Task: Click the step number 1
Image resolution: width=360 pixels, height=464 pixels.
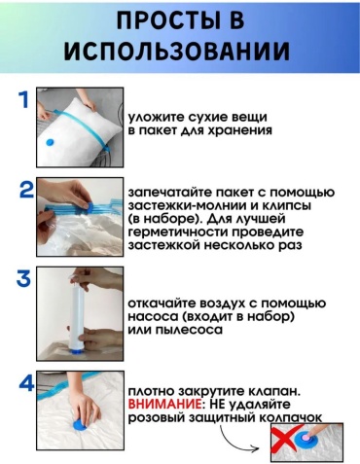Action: click(23, 99)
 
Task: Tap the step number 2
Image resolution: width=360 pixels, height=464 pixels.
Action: click(26, 190)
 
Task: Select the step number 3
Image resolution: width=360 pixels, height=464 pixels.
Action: click(24, 278)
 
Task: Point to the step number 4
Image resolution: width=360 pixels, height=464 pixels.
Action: click(26, 383)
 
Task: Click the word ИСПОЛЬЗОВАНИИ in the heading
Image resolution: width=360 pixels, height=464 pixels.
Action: click(176, 52)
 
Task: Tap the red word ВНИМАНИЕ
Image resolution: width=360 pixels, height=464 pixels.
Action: click(164, 405)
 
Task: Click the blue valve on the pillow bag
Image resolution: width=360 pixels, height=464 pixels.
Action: click(50, 142)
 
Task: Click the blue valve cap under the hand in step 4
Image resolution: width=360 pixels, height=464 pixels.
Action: click(82, 424)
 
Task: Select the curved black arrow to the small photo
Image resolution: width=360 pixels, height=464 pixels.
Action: click(235, 442)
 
